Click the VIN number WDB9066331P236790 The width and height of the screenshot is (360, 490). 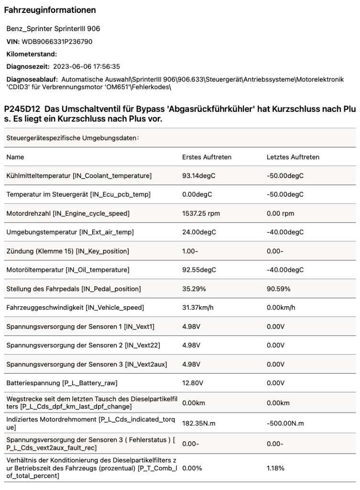[x=57, y=42]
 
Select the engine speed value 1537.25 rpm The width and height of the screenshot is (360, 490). [x=201, y=213]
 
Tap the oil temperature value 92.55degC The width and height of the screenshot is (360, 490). [x=199, y=270]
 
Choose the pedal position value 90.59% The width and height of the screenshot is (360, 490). [x=280, y=289]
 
